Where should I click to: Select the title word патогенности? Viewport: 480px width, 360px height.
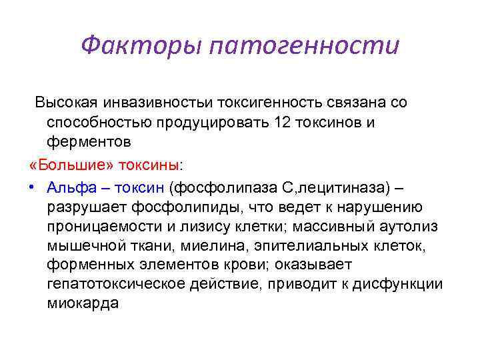point(304,47)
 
